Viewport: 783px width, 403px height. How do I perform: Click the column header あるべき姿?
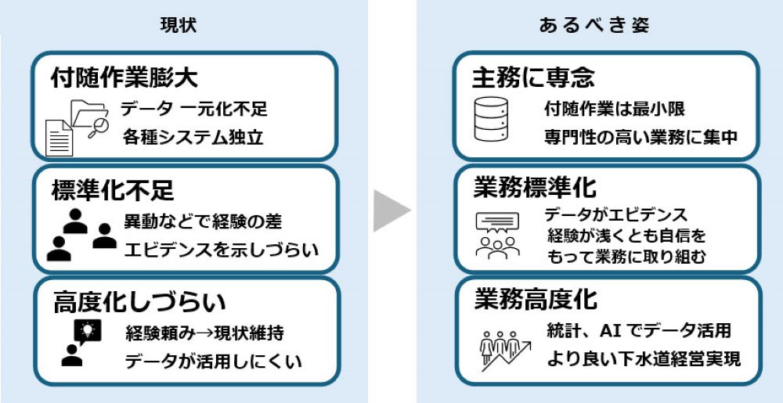pyautogui.click(x=594, y=24)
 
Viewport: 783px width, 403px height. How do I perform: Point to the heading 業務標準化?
pyautogui.click(x=535, y=188)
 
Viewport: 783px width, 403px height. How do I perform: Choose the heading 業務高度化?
pyautogui.click(x=535, y=298)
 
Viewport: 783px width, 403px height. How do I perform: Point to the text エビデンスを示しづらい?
pyautogui.click(x=222, y=250)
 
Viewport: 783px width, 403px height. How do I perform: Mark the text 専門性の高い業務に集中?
pyautogui.click(x=640, y=137)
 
